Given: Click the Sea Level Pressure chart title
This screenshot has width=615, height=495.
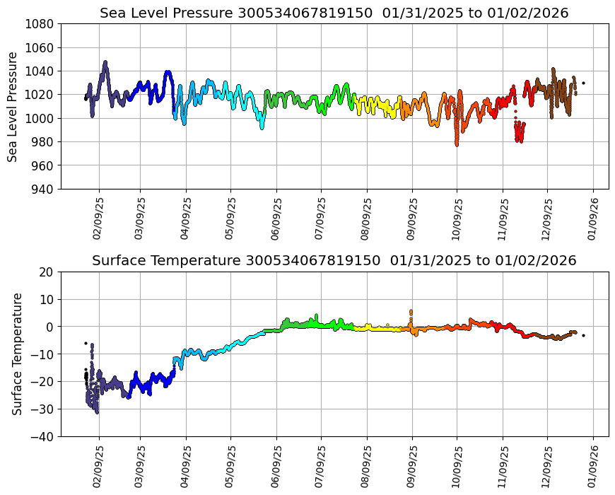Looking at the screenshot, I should [x=334, y=13].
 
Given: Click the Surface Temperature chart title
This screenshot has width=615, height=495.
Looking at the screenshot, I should [x=334, y=261].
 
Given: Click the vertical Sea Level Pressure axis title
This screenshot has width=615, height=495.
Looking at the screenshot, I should [x=13, y=107].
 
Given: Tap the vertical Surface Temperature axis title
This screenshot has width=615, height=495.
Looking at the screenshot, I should [x=17, y=354].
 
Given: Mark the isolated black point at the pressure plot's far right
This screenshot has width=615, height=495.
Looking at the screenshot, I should [x=583, y=83].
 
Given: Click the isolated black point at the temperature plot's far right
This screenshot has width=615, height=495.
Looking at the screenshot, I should [x=583, y=335].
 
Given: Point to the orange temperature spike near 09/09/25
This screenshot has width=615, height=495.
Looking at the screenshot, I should [x=411, y=311].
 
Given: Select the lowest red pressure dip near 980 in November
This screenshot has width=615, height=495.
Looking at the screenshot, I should [x=520, y=140].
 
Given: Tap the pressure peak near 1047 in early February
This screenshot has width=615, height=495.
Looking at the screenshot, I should [x=105, y=63].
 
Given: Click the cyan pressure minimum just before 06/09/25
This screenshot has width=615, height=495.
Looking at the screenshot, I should [x=262, y=127].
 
